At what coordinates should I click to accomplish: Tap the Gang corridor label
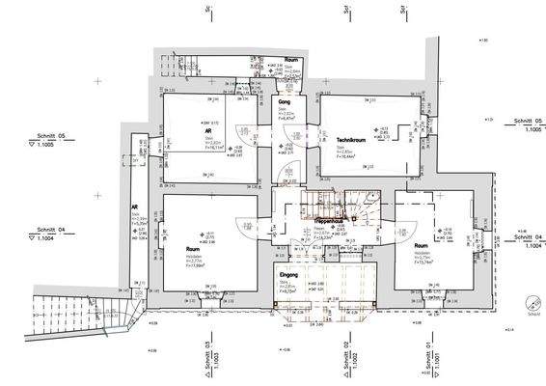click(x=285, y=101)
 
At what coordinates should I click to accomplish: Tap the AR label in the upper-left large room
click(x=208, y=130)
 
